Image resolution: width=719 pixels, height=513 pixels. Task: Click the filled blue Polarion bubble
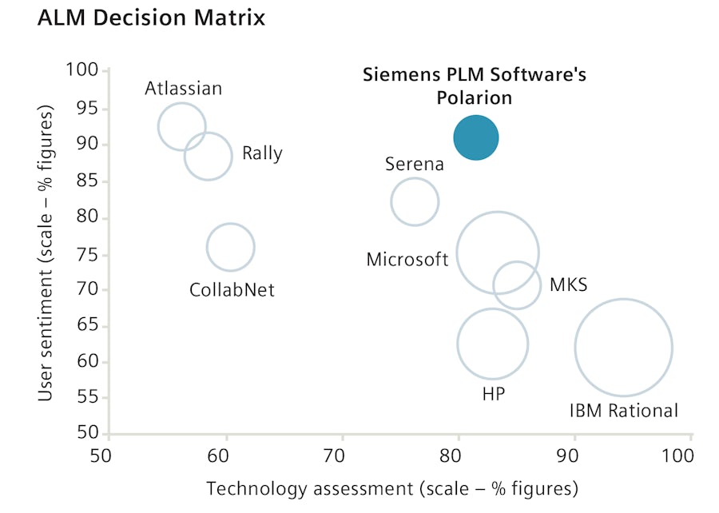pyautogui.click(x=476, y=138)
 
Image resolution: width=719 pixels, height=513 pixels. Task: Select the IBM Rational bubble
pyautogui.click(x=623, y=348)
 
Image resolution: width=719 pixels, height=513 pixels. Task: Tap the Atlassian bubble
pyautogui.click(x=182, y=126)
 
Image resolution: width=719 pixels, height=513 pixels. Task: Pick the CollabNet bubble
pyautogui.click(x=231, y=248)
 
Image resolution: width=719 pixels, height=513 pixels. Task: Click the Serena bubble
pyautogui.click(x=415, y=201)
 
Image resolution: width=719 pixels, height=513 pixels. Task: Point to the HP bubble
pyautogui.click(x=493, y=344)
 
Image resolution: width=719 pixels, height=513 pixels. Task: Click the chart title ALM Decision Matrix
pyautogui.click(x=151, y=18)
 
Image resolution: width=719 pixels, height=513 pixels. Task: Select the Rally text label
pyautogui.click(x=262, y=154)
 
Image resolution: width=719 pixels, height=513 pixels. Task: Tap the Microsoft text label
pyautogui.click(x=407, y=260)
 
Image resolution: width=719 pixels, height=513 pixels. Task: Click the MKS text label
pyautogui.click(x=568, y=285)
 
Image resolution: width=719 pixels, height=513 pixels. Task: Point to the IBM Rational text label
pyautogui.click(x=623, y=411)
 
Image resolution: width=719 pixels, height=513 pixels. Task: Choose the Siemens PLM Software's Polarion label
pyautogui.click(x=475, y=86)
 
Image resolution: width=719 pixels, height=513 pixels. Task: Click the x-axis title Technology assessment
pyautogui.click(x=391, y=488)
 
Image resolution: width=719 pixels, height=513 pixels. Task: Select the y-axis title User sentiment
pyautogui.click(x=47, y=253)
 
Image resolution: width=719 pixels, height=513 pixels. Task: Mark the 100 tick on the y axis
pyautogui.click(x=84, y=72)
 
